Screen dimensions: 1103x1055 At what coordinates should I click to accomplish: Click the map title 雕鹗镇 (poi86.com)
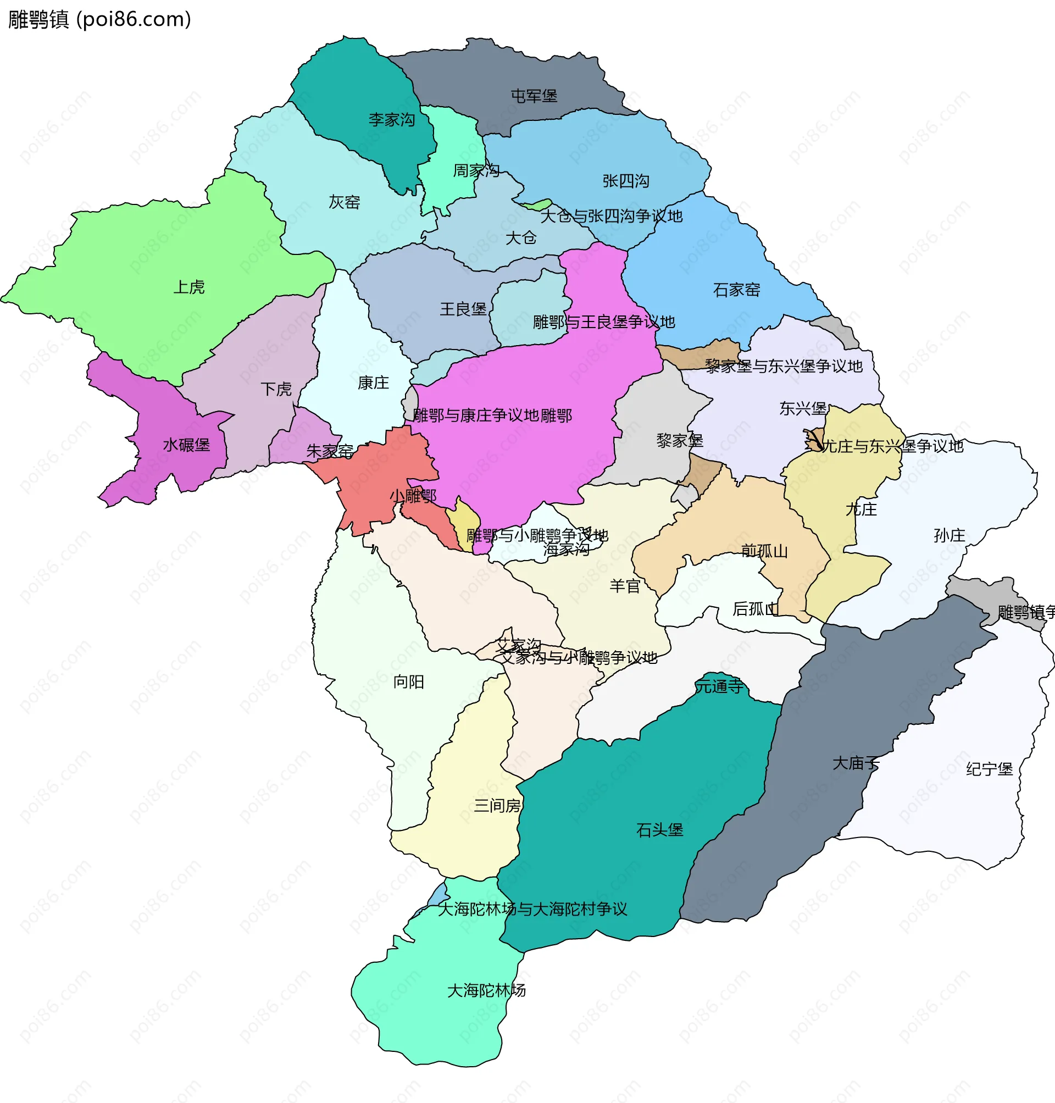click(100, 20)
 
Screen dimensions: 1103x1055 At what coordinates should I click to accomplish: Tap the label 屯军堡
click(534, 96)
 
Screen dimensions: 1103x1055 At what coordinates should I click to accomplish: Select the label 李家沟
click(392, 120)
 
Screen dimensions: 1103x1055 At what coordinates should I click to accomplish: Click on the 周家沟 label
click(476, 170)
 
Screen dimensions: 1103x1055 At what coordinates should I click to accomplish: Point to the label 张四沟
click(626, 181)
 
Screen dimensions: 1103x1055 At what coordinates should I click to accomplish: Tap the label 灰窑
click(344, 202)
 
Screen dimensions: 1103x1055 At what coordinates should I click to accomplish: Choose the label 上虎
click(189, 287)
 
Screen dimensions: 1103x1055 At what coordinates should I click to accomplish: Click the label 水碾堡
click(186, 446)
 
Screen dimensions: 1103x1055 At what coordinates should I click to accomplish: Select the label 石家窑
click(737, 290)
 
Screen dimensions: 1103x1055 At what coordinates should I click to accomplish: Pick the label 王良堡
click(463, 309)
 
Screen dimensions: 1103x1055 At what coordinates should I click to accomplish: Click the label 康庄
click(374, 383)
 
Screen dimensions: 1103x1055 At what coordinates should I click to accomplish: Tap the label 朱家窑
click(330, 451)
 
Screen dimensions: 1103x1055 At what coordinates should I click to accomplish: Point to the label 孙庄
click(949, 535)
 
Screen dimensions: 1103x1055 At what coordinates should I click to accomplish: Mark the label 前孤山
click(764, 551)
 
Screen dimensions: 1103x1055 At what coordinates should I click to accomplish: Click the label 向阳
click(408, 681)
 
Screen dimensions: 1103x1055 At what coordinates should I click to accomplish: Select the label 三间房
click(497, 806)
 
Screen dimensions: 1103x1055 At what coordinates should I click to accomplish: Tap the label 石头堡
click(660, 830)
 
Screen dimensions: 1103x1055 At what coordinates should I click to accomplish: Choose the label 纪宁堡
click(989, 769)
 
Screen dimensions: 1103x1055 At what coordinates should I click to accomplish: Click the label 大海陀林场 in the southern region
click(486, 990)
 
